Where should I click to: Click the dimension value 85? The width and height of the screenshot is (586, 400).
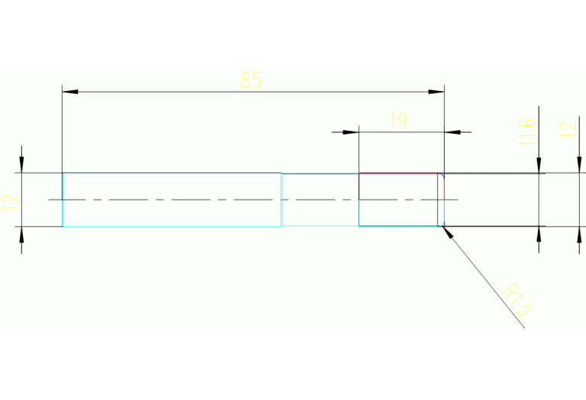click(x=251, y=80)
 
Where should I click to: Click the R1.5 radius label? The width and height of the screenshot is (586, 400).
click(x=517, y=299)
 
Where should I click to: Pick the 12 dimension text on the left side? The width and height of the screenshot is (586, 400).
click(x=10, y=203)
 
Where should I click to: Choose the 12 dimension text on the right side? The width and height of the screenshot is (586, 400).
click(x=566, y=128)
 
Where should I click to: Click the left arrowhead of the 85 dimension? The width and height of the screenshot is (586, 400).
click(x=70, y=92)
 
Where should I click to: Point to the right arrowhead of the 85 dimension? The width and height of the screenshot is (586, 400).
click(x=436, y=92)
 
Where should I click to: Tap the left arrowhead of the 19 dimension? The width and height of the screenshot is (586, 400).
click(x=351, y=132)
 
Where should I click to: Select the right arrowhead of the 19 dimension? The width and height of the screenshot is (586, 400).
click(x=452, y=132)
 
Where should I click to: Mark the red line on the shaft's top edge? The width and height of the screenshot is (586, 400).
click(x=398, y=174)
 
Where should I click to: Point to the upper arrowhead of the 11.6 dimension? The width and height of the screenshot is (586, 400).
click(x=539, y=164)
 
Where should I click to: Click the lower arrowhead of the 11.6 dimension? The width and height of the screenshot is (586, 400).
click(x=539, y=235)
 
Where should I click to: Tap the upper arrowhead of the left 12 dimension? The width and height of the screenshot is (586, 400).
click(x=21, y=164)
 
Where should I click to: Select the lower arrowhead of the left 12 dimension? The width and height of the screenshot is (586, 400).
click(x=21, y=236)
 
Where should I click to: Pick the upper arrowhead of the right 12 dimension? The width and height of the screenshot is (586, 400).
click(x=577, y=164)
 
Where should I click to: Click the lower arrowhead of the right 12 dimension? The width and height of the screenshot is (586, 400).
click(x=577, y=236)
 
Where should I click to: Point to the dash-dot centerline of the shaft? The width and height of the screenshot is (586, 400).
click(x=229, y=200)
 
